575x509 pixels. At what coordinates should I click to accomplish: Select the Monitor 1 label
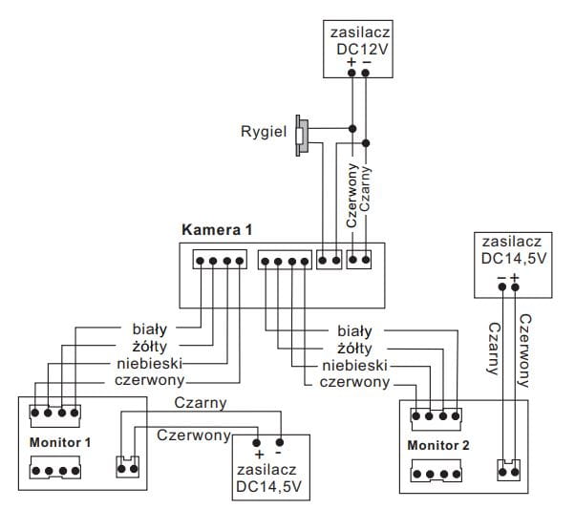[x=60, y=443]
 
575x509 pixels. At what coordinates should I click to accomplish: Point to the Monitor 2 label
[x=438, y=446]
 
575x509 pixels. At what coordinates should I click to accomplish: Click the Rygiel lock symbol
[x=302, y=136]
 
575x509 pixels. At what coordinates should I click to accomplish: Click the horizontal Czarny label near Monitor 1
[x=201, y=403]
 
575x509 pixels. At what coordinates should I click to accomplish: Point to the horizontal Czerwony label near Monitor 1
[x=195, y=435]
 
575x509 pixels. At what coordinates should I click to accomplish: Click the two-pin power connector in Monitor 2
[x=509, y=470]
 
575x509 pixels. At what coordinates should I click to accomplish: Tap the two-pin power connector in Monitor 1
[x=127, y=466]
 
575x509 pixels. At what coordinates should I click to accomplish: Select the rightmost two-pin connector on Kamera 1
[x=359, y=258]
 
